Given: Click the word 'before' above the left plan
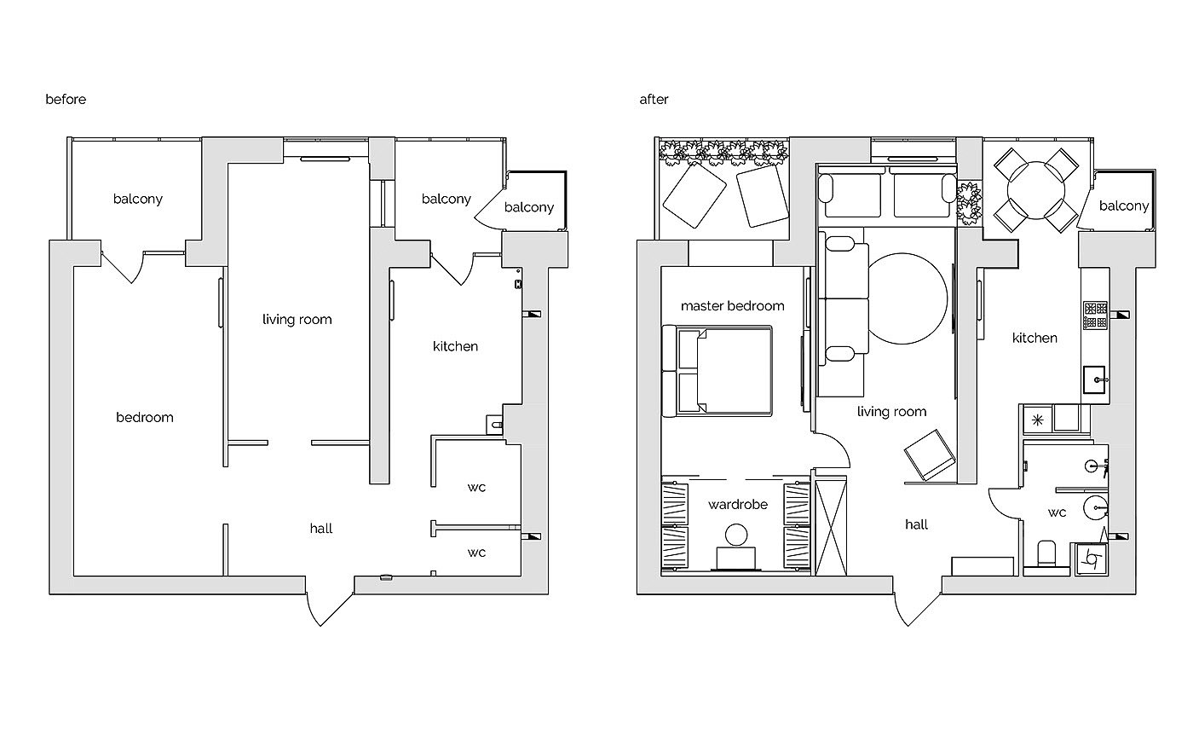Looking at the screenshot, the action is click(x=66, y=99).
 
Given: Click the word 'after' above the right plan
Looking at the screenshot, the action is click(x=654, y=99).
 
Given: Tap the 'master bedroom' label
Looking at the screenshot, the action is click(x=732, y=306).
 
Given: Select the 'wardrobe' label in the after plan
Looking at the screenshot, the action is click(x=738, y=504).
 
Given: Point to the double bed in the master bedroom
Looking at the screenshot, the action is click(x=717, y=371).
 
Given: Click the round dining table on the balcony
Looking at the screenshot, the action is click(x=1036, y=190).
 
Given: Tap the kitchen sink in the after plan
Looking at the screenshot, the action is click(x=1095, y=379).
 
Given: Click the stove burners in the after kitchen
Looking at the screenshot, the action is click(x=1096, y=315).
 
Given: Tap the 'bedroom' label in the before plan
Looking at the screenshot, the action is click(x=145, y=418).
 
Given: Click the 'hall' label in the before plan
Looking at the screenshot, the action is click(x=321, y=529).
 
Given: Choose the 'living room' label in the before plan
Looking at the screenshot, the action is click(x=297, y=319).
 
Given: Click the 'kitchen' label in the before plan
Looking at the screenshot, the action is click(x=455, y=346).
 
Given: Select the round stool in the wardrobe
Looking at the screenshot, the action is click(x=736, y=535).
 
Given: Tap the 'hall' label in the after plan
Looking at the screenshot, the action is click(x=917, y=524).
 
